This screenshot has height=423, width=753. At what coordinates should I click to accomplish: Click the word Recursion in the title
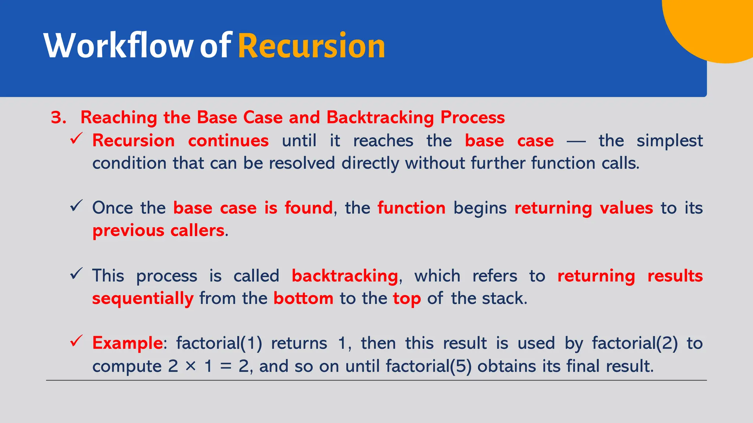311,46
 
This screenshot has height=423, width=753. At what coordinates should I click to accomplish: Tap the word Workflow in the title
118,46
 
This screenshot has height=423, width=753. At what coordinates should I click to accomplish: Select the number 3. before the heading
58,118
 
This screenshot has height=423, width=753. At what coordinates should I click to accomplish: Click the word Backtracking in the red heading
380,118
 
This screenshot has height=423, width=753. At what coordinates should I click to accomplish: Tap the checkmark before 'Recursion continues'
76,139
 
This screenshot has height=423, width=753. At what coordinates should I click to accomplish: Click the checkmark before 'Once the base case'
76,206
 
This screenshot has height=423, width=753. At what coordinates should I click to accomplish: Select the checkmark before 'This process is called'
76,274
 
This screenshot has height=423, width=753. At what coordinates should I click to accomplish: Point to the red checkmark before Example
76,341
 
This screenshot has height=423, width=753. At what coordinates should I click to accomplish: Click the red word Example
127,343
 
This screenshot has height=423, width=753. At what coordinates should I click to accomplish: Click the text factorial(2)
635,343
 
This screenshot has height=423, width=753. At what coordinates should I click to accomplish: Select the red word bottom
303,299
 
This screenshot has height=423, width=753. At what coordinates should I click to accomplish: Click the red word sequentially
143,299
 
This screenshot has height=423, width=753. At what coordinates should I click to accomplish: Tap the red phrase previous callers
158,231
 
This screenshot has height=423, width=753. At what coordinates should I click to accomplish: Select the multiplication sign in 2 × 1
191,366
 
